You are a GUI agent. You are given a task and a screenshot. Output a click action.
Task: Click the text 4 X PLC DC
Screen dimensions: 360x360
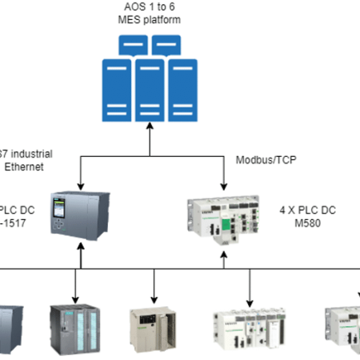(309, 209)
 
